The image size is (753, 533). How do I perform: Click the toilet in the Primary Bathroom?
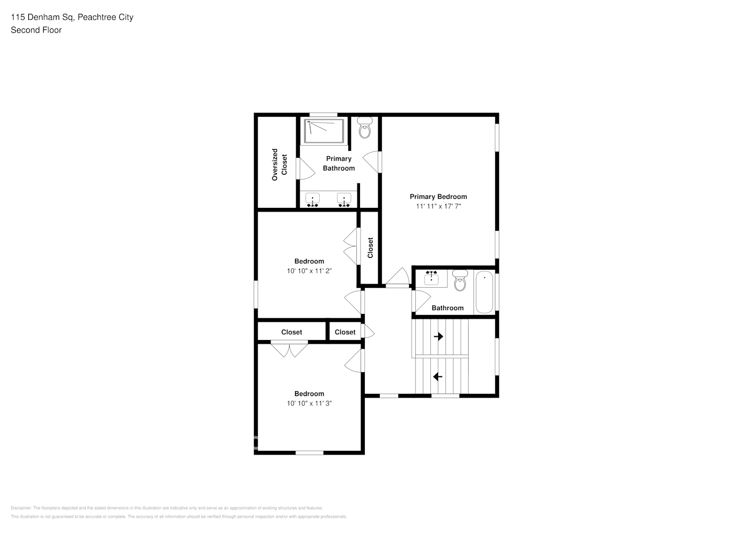[365, 128]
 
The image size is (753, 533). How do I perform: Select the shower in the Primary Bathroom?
[324, 131]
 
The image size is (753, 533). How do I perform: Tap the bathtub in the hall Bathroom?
[484, 293]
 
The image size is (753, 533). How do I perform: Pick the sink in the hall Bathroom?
[431, 279]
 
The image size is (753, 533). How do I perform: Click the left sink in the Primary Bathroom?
[313, 200]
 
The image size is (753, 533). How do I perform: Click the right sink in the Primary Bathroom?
[345, 200]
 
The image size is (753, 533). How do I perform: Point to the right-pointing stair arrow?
[438, 337]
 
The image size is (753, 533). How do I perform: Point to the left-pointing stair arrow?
[438, 377]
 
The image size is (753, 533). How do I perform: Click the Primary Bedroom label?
[438, 197]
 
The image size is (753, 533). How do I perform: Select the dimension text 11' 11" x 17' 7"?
[438, 206]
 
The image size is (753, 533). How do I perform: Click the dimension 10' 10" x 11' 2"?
[309, 271]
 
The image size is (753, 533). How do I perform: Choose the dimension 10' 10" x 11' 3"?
[309, 403]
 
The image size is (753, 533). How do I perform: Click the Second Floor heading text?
[36, 30]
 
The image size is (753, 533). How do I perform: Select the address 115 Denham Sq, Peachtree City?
[72, 17]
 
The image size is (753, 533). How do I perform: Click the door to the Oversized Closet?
[305, 169]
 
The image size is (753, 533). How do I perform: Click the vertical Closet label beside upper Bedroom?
[370, 248]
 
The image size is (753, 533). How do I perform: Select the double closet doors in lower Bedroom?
[289, 349]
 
